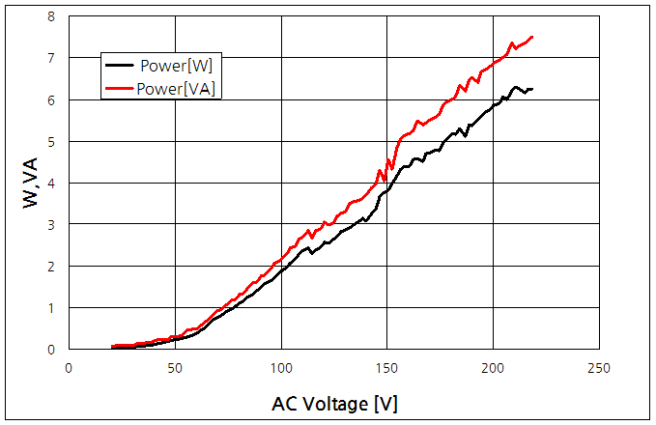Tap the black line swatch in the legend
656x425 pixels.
pyautogui.click(x=119, y=65)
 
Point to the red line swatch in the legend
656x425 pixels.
pyautogui.click(x=119, y=88)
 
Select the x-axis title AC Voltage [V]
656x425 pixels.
pyautogui.click(x=333, y=404)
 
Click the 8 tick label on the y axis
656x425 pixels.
pyautogui.click(x=50, y=16)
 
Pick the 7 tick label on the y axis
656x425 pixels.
pyautogui.click(x=50, y=58)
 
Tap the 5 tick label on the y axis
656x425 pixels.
pyautogui.click(x=50, y=141)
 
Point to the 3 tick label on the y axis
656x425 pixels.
pyautogui.click(x=50, y=224)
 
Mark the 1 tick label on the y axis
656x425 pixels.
pyautogui.click(x=50, y=307)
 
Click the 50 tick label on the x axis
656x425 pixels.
pyautogui.click(x=175, y=368)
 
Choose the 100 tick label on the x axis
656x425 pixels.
pyautogui.click(x=281, y=368)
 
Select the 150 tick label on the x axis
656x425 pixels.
pyautogui.click(x=386, y=368)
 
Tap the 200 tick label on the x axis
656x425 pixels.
pyautogui.click(x=493, y=368)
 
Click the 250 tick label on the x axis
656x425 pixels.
pyautogui.click(x=599, y=368)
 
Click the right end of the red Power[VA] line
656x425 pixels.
pyautogui.click(x=532, y=37)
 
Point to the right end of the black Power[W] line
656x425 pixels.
pyautogui.click(x=532, y=89)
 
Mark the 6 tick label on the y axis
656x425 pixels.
pyautogui.click(x=50, y=99)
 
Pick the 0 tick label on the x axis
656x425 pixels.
pyautogui.click(x=69, y=368)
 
